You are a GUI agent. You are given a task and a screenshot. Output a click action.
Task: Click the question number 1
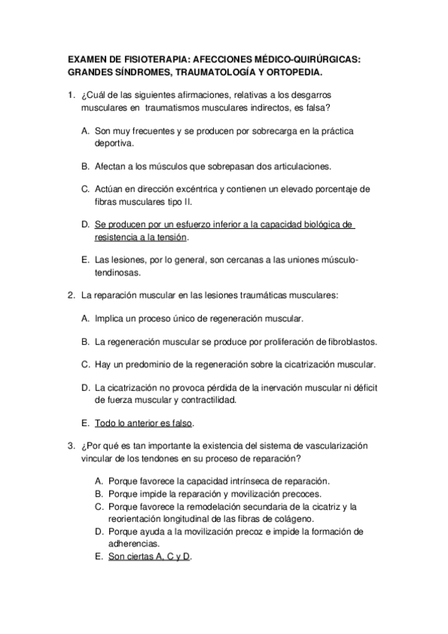click(70, 96)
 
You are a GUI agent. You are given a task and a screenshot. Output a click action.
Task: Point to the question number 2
click(70, 295)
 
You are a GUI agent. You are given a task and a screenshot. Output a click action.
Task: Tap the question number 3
click(70, 446)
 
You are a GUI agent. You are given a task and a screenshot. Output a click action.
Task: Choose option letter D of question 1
click(85, 224)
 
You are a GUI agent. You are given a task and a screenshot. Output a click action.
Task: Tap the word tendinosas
click(118, 273)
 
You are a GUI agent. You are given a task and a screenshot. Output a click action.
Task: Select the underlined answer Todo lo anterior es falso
click(144, 423)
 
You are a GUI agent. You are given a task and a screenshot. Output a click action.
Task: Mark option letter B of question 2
click(85, 342)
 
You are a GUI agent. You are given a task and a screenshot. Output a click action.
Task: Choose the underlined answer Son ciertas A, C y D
click(150, 557)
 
